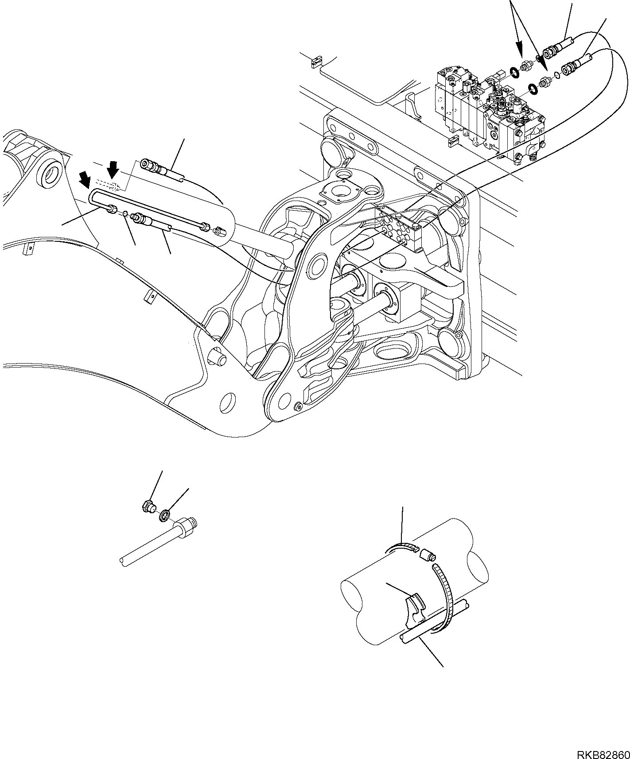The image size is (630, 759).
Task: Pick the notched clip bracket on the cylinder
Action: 416,608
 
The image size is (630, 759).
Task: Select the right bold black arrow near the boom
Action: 113,169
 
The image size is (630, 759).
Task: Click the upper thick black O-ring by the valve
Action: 515,72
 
